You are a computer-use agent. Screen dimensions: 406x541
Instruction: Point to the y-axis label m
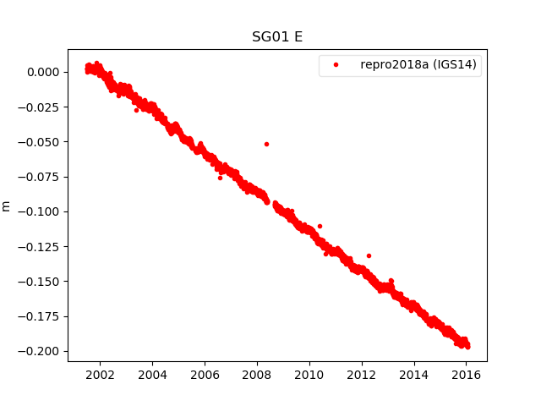point(7,206)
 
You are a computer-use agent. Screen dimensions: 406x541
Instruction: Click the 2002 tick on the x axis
point(100,375)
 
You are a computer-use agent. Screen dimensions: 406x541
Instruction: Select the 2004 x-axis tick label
point(152,375)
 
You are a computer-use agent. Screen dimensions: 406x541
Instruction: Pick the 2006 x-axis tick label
point(205,375)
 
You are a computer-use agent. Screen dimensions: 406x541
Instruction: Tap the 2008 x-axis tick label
point(257,375)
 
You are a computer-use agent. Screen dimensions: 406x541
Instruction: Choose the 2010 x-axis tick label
point(309,375)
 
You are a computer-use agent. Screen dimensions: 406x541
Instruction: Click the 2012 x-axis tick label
point(362,375)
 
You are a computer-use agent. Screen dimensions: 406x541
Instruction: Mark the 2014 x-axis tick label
point(414,375)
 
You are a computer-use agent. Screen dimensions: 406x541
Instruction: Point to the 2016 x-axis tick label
point(467,375)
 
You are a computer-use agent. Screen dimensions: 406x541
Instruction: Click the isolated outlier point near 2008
point(266,144)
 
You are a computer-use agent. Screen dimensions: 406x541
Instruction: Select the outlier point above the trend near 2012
point(369,255)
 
